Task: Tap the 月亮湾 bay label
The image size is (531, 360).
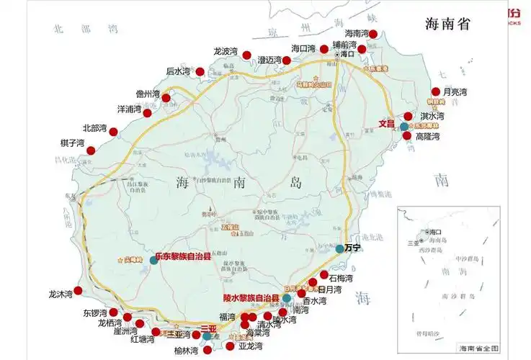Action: coord(455,91)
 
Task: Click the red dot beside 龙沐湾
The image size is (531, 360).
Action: coord(78,290)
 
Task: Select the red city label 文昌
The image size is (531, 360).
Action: coord(388,123)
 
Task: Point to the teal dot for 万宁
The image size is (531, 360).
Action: coord(339,248)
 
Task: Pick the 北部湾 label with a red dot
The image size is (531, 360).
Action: coord(94,128)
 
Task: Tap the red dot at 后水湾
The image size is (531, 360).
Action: coord(200,72)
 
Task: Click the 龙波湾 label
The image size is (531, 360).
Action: coord(226,51)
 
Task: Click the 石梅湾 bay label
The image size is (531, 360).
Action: coord(340,277)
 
